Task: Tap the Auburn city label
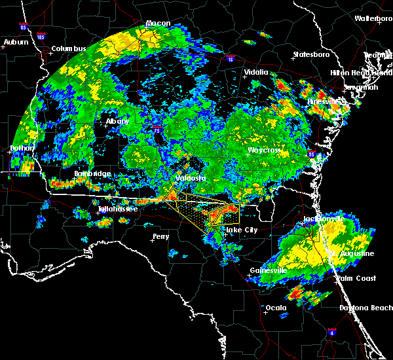click(x=16, y=42)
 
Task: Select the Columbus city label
click(x=69, y=48)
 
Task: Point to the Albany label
click(x=118, y=121)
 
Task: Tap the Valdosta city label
click(x=191, y=177)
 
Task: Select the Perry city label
click(x=160, y=236)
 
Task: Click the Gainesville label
click(x=269, y=270)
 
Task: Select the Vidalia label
click(x=256, y=72)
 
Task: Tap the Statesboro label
click(x=309, y=54)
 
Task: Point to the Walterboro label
click(x=373, y=18)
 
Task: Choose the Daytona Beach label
click(x=366, y=308)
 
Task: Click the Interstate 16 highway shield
click(x=230, y=59)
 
